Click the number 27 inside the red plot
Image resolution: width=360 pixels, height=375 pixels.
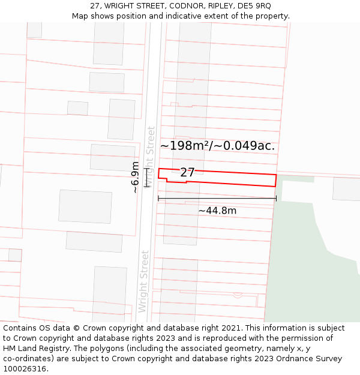(187, 173)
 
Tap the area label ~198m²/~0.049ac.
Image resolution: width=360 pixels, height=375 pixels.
(217, 146)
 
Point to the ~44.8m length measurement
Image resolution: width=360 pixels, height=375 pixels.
(217, 211)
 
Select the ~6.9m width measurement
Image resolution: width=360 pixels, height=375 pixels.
(136, 177)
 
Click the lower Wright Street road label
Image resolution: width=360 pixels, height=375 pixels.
(143, 281)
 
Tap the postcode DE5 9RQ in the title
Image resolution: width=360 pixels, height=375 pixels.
(254, 6)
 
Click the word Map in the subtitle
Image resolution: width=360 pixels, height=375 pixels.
(80, 16)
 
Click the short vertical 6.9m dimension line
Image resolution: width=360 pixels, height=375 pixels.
(146, 178)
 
